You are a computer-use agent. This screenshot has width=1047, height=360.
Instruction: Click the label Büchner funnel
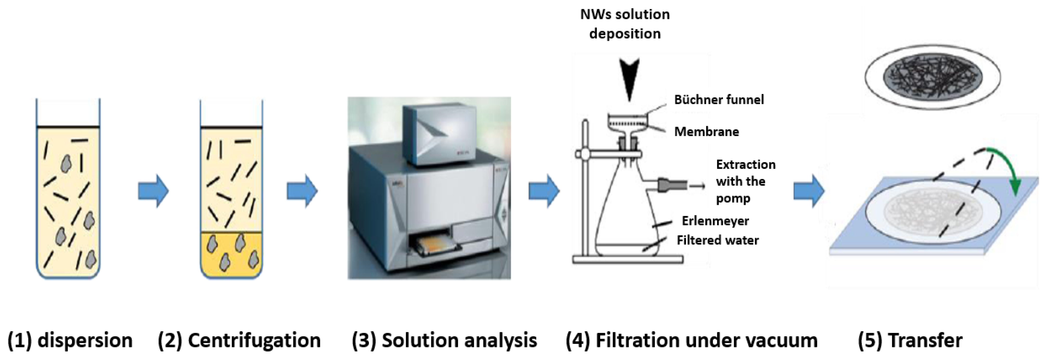click(x=719, y=100)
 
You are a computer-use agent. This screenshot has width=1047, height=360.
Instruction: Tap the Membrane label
click(x=706, y=132)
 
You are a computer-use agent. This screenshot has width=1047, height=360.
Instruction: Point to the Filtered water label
click(x=717, y=240)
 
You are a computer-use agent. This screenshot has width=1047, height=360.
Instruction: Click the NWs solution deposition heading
click(x=625, y=24)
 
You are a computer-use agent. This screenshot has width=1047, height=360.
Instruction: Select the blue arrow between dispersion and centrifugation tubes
click(x=153, y=191)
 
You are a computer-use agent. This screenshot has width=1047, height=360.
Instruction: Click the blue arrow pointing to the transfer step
click(x=809, y=191)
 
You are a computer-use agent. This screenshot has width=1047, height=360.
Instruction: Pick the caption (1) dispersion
click(x=70, y=340)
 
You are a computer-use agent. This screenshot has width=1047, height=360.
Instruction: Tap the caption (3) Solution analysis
click(x=444, y=340)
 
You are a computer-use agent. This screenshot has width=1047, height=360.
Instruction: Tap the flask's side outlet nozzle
click(x=673, y=185)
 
